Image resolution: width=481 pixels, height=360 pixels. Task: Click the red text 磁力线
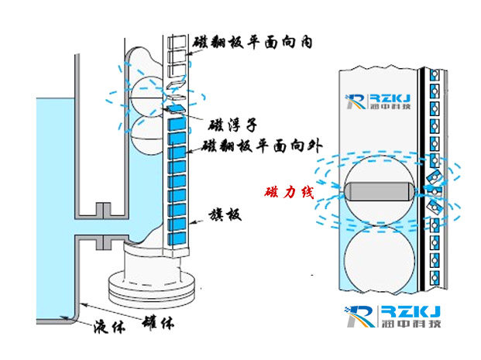(x=289, y=191)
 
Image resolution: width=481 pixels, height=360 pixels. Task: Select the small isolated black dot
(x=311, y=275)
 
